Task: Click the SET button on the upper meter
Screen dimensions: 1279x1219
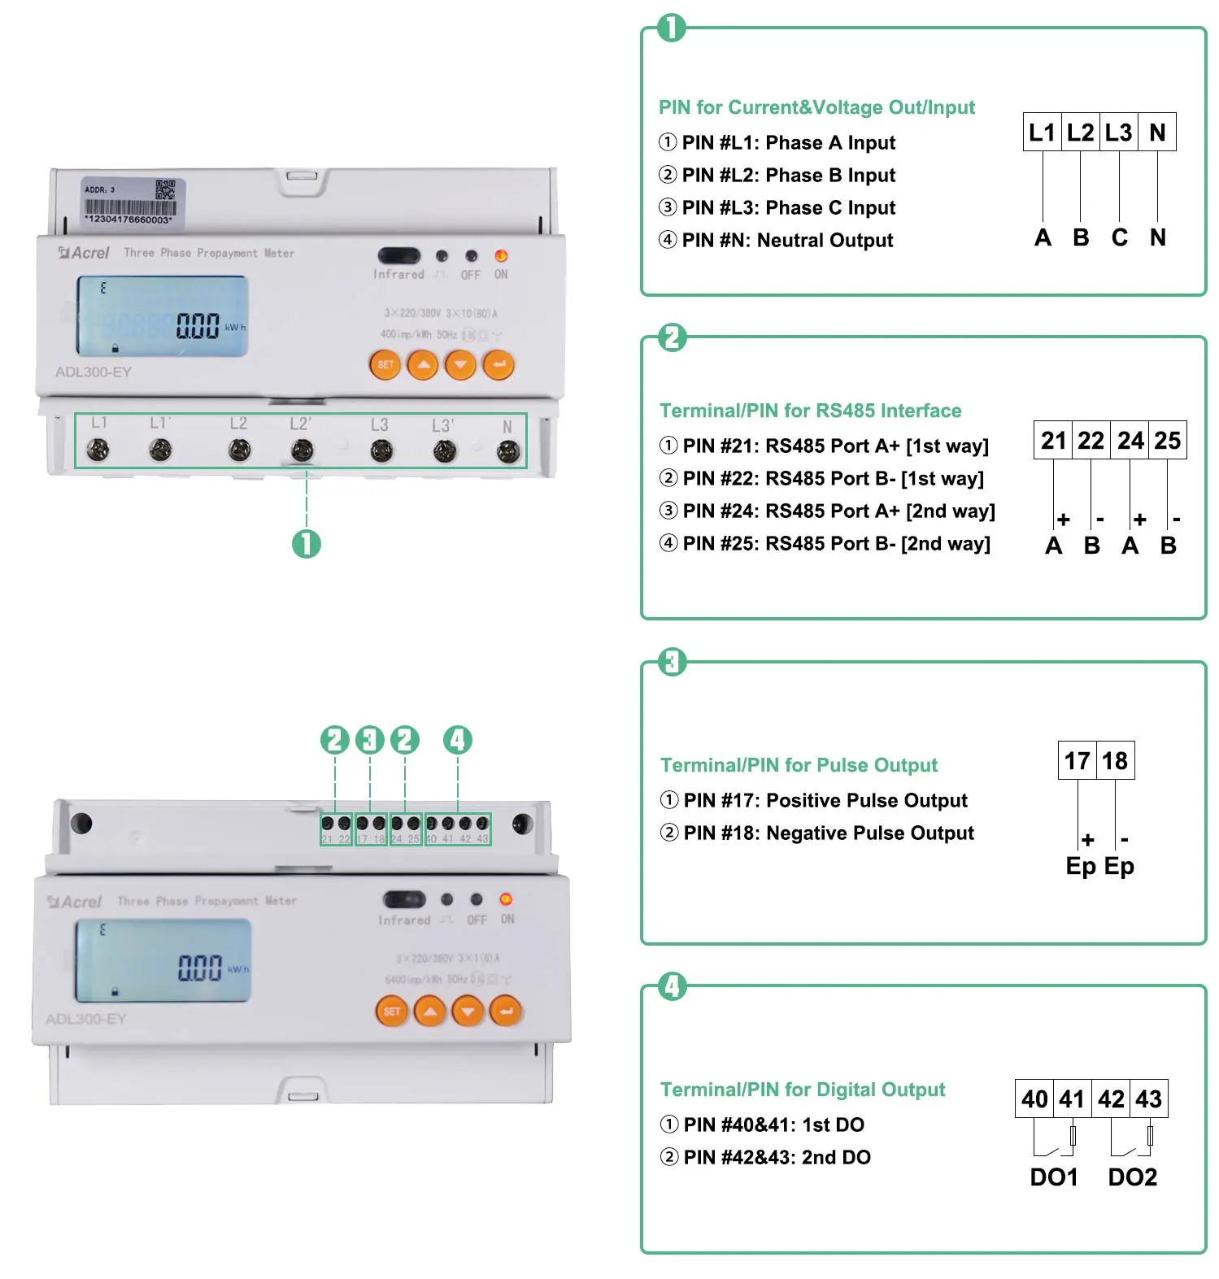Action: pyautogui.click(x=385, y=365)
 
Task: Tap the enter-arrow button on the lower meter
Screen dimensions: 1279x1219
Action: pyautogui.click(x=506, y=1011)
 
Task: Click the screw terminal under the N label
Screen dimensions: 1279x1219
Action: pyautogui.click(x=508, y=451)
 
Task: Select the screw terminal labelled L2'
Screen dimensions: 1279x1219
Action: pyautogui.click(x=302, y=450)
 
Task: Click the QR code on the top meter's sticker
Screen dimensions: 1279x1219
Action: pyautogui.click(x=165, y=189)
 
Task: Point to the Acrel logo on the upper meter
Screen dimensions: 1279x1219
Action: pyautogui.click(x=84, y=253)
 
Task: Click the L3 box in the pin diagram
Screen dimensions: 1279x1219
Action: pyautogui.click(x=1119, y=133)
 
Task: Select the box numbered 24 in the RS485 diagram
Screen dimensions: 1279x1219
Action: pyautogui.click(x=1130, y=441)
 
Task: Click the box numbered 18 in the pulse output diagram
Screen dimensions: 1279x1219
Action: pyautogui.click(x=1115, y=761)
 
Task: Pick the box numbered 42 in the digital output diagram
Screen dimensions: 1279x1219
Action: pyautogui.click(x=1111, y=1099)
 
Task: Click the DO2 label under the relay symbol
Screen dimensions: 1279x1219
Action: pyautogui.click(x=1132, y=1177)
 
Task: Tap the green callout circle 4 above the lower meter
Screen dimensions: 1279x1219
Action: pyautogui.click(x=457, y=740)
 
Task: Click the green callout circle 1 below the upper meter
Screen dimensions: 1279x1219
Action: pyautogui.click(x=307, y=544)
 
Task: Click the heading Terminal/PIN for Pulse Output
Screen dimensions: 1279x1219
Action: pyautogui.click(x=799, y=765)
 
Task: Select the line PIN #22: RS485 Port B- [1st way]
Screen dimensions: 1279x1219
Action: pyautogui.click(x=833, y=479)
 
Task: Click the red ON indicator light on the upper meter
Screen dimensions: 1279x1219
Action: pyautogui.click(x=501, y=256)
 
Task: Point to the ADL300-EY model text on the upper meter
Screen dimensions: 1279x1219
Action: pyautogui.click(x=94, y=372)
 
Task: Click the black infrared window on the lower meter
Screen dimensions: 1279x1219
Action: pyautogui.click(x=404, y=899)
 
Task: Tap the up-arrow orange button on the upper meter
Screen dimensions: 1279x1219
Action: pyautogui.click(x=423, y=365)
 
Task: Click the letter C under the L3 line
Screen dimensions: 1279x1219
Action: pyautogui.click(x=1120, y=237)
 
